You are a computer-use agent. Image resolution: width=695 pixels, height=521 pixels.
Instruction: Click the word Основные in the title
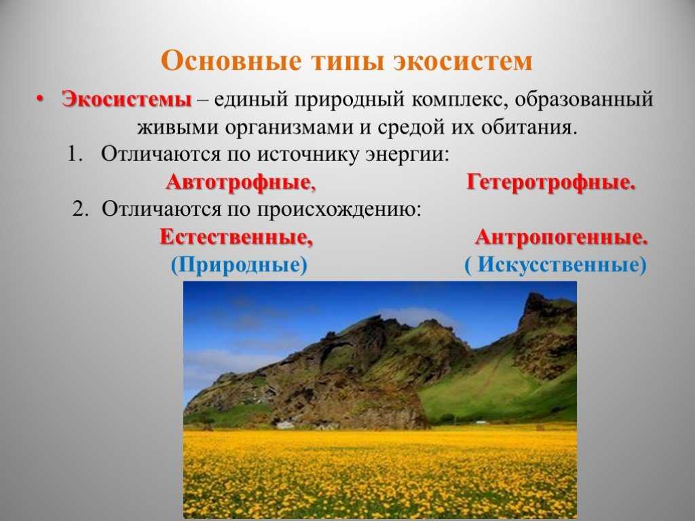231,60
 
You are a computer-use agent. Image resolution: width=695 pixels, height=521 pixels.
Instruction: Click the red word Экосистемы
127,99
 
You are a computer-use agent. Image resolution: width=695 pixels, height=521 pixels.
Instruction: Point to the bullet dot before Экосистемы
40,98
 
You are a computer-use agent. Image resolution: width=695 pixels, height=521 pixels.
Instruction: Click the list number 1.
75,154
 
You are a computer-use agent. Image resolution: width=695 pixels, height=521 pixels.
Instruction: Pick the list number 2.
81,209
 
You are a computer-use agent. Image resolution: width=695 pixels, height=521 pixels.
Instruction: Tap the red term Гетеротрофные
551,182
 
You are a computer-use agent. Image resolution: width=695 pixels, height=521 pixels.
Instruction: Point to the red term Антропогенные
561,237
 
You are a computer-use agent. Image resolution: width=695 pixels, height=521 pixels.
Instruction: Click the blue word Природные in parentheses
239,265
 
